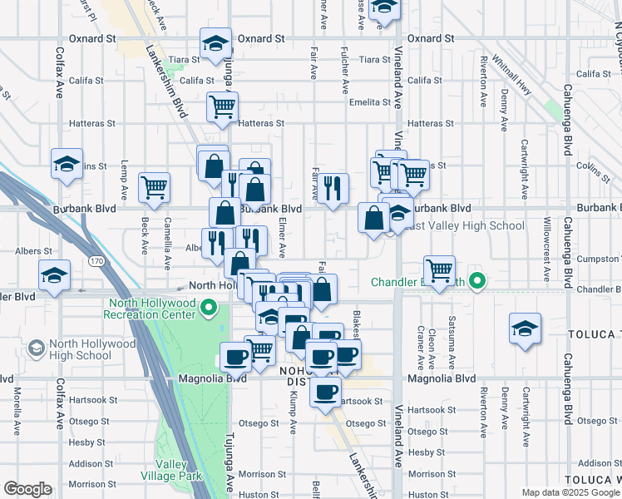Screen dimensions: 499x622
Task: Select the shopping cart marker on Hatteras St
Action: click(222, 106)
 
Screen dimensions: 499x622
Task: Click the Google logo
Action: click(27, 489)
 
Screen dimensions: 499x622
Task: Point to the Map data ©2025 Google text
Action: click(570, 492)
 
